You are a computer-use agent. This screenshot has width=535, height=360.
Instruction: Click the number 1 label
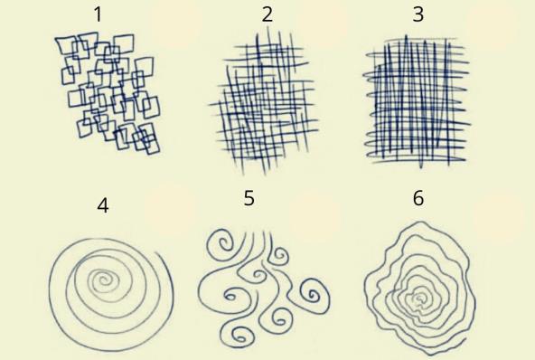coord(98,14)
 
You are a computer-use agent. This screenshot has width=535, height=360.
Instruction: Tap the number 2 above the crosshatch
coord(267,14)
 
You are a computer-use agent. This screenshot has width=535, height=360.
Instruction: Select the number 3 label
coord(418,14)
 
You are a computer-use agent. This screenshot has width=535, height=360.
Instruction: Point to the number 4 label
coord(103,205)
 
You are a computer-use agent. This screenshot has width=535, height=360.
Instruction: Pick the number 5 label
coord(249,198)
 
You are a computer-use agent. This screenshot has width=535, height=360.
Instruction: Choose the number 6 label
coord(418,198)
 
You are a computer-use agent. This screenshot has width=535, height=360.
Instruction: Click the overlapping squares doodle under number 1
coord(108,93)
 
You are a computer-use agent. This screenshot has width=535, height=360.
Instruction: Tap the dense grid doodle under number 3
coord(417,101)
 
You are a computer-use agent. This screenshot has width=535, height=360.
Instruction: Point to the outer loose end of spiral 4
coord(157,253)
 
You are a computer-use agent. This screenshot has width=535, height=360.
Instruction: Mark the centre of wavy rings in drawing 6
coord(419,298)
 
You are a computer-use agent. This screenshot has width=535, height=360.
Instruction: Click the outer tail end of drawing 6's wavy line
coord(465,339)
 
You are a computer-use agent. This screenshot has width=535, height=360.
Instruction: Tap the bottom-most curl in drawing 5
coord(241,336)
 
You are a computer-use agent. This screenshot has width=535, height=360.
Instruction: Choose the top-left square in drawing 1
coord(66,44)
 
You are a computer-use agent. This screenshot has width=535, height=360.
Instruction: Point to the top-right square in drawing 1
coord(124,44)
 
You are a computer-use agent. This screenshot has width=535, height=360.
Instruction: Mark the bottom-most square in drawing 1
coord(150,144)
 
